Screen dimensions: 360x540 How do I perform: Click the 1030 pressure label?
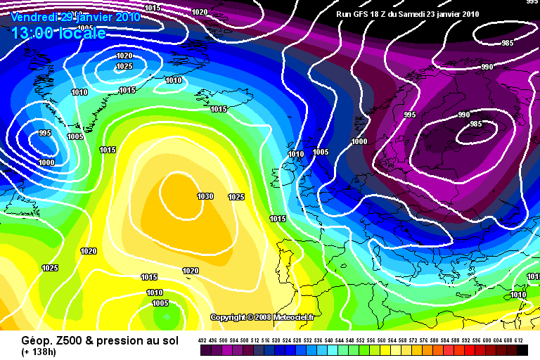pyautogui.click(x=205, y=196)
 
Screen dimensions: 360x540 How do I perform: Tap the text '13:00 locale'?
pyautogui.click(x=58, y=33)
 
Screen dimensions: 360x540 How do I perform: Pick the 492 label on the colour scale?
pyautogui.click(x=202, y=340)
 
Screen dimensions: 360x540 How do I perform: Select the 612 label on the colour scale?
pyautogui.click(x=519, y=340)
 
